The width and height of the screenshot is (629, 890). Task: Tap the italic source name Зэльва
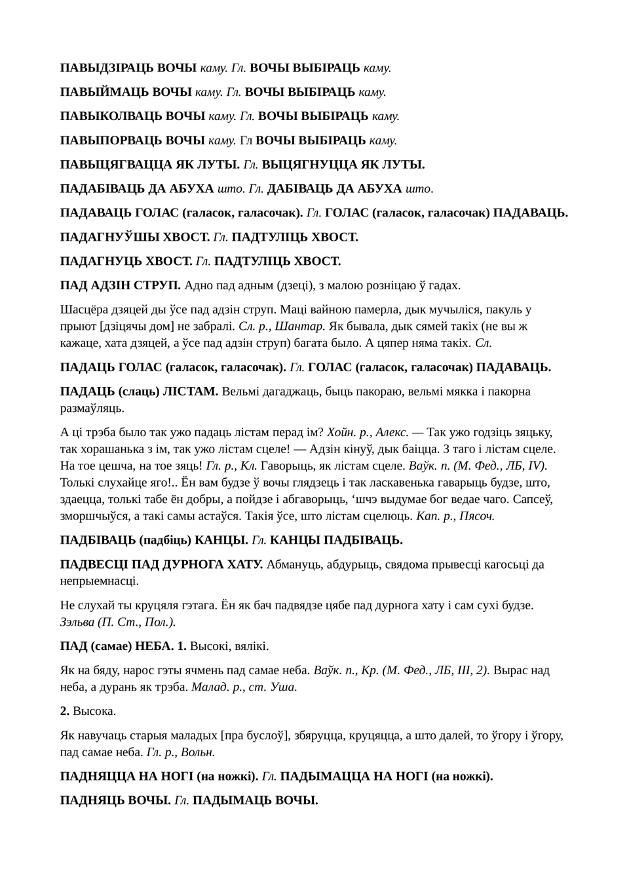click(77, 622)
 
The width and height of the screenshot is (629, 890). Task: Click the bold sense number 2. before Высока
click(65, 711)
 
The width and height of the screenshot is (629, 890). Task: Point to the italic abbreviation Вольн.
click(200, 752)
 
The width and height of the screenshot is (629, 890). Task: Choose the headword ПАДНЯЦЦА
click(96, 777)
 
